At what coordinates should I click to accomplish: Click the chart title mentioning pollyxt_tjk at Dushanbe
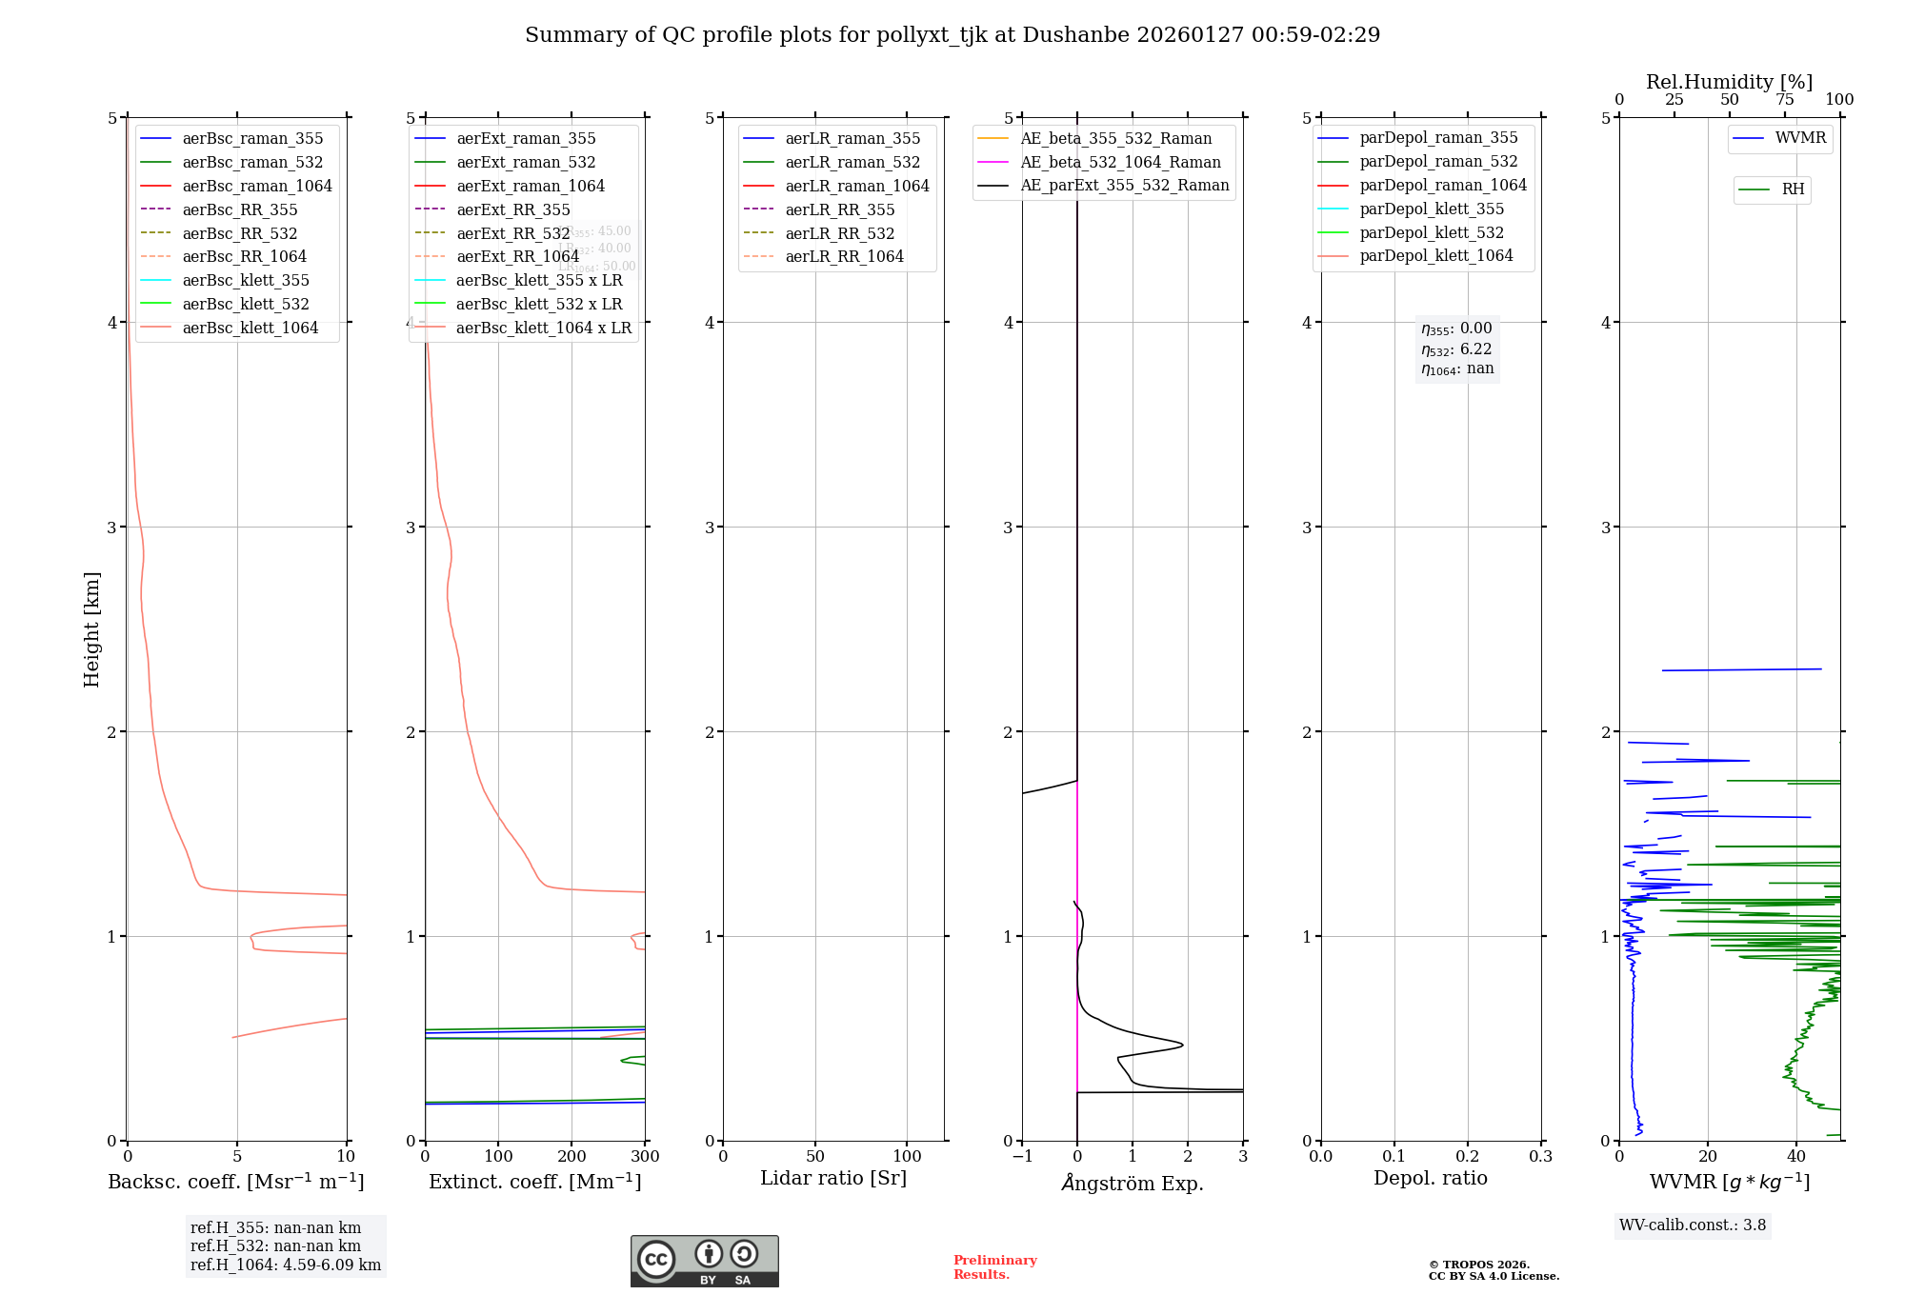coord(952,35)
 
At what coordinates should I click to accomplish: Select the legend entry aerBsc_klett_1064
coord(250,328)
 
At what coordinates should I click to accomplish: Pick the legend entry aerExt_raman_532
coord(526,162)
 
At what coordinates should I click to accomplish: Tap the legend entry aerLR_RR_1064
coord(844,256)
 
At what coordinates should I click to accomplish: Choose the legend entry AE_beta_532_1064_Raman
coord(1120,162)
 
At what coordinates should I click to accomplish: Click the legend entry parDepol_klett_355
coord(1432,209)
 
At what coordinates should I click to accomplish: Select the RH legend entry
coord(1793,189)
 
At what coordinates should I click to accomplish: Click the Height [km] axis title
coord(91,628)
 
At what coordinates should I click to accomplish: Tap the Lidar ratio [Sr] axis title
coord(833,1178)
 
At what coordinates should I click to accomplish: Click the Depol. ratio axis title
coord(1430,1178)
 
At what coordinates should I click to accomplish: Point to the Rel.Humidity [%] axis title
coord(1729,82)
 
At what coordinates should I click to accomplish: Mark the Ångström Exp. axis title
coord(1133,1183)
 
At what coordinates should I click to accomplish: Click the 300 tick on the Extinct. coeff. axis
coord(645,1157)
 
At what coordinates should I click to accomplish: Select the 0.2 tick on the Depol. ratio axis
coord(1468,1157)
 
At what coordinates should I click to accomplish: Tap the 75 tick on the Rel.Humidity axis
coord(1784,100)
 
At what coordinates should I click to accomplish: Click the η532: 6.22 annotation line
coord(1456,349)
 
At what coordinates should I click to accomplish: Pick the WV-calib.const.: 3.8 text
coord(1693,1225)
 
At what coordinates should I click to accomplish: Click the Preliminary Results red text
coord(994,1267)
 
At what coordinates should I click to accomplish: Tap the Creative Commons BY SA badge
coord(704,1261)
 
